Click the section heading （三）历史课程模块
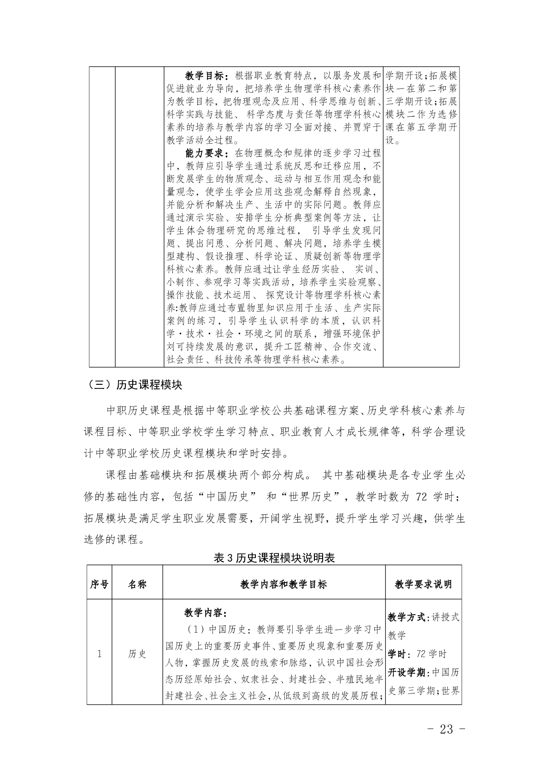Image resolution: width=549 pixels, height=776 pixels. (133, 385)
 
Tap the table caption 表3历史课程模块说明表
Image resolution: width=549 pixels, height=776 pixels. (274, 558)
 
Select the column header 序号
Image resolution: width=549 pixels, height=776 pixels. (99, 584)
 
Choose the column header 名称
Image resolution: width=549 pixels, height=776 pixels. (137, 584)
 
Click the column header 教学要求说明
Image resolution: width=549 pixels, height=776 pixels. (423, 584)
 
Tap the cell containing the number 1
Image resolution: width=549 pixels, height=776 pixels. (99, 653)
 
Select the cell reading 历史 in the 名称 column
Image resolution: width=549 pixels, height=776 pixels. (137, 653)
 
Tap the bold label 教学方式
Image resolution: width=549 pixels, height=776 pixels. (407, 617)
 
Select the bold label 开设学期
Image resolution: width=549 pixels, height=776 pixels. (407, 672)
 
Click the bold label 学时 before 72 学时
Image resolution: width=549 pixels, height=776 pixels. (397, 654)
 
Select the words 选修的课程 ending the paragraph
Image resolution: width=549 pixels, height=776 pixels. (111, 539)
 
